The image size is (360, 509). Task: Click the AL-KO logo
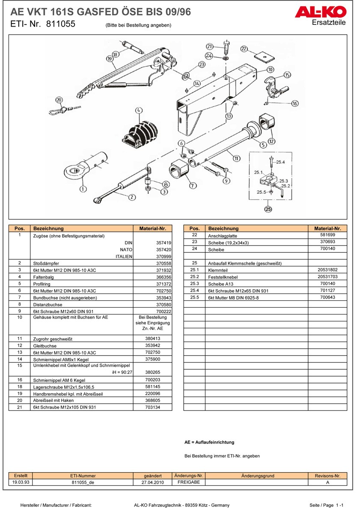(x=320, y=12)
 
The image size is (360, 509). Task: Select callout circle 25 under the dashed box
(x=268, y=210)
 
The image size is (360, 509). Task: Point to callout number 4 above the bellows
(x=138, y=111)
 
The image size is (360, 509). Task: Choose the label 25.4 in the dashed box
(x=280, y=162)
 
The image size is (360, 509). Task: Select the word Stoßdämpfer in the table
(x=46, y=263)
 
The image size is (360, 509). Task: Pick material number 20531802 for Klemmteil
(x=327, y=270)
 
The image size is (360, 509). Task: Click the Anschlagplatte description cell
(x=223, y=236)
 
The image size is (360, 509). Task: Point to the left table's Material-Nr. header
(x=152, y=228)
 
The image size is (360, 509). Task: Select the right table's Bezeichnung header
(x=223, y=228)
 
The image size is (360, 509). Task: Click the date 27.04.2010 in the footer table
(x=153, y=482)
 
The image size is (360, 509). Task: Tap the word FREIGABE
(x=189, y=482)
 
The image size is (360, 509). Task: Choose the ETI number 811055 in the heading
(x=59, y=24)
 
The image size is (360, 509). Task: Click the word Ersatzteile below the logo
(x=328, y=22)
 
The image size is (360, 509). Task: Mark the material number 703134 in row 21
(x=152, y=407)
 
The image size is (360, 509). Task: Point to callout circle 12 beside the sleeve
(x=271, y=141)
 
